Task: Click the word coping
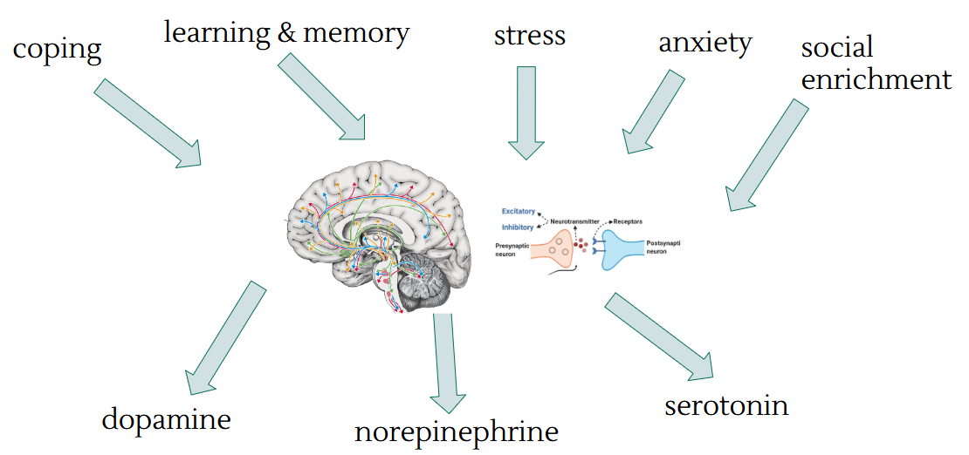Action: point(57,49)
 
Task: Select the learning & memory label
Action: point(286,33)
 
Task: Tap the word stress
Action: point(529,36)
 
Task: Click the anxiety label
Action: point(704,42)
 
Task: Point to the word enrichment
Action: point(876,79)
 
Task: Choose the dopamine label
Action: point(166,419)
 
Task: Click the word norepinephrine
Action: point(456,431)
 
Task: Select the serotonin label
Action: point(726,405)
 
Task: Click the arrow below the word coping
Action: point(147,123)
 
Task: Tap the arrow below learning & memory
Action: point(323,97)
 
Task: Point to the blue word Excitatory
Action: point(518,212)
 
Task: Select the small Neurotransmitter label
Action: point(574,222)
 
